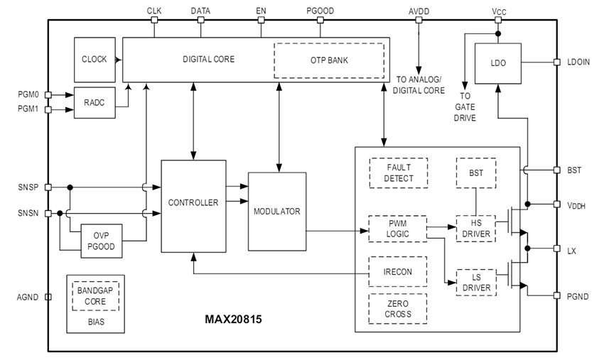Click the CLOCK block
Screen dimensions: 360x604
tap(94, 59)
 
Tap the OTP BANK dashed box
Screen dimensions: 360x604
tap(328, 60)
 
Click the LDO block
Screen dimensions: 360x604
tap(497, 63)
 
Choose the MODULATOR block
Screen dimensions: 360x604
tap(276, 211)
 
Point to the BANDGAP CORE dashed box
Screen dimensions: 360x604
tap(95, 296)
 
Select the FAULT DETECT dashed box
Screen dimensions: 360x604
tap(398, 173)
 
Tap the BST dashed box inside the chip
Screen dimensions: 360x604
tap(475, 172)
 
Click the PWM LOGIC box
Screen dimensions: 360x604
tap(398, 229)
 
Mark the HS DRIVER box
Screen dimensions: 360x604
tap(475, 229)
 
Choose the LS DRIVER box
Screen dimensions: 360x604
tap(475, 282)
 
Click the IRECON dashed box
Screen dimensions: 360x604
tap(398, 272)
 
